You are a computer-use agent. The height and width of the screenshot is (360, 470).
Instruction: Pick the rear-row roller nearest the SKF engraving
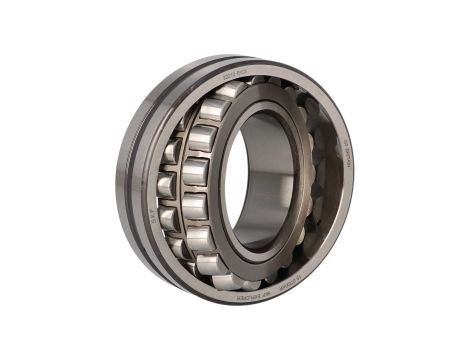click(168, 213)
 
